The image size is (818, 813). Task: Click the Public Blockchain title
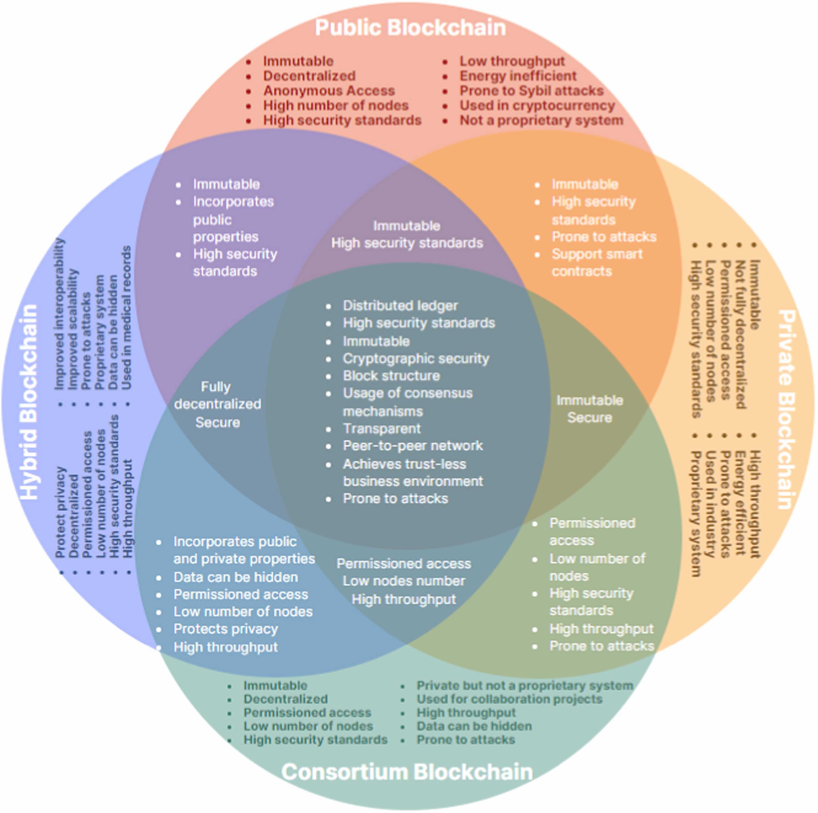click(410, 28)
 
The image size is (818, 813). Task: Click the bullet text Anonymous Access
click(329, 91)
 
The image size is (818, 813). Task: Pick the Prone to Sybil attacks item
click(531, 91)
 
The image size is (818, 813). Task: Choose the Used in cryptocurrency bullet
click(537, 105)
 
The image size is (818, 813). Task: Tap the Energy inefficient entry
click(518, 76)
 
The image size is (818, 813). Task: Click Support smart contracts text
click(596, 263)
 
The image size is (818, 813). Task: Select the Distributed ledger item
click(400, 305)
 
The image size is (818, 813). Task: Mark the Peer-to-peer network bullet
click(412, 445)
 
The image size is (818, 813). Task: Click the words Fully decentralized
click(217, 395)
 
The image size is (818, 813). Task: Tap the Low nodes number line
click(404, 581)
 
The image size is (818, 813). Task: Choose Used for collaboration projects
click(509, 699)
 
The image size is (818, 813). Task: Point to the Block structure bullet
click(391, 375)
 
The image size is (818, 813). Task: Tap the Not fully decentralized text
click(740, 334)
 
